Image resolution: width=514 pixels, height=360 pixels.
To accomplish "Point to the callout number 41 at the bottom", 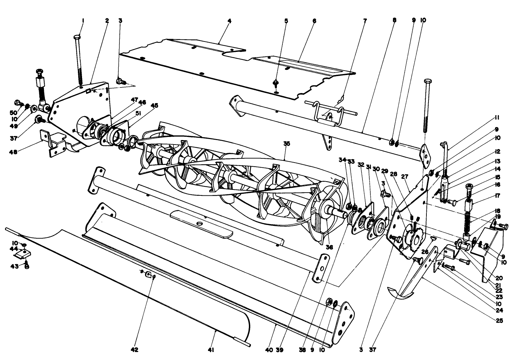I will [x=211, y=350].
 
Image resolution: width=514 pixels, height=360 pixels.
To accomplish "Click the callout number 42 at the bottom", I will [x=134, y=350].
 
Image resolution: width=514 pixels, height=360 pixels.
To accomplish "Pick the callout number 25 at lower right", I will [x=499, y=320].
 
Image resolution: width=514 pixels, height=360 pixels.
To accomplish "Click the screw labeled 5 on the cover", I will [x=276, y=83].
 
